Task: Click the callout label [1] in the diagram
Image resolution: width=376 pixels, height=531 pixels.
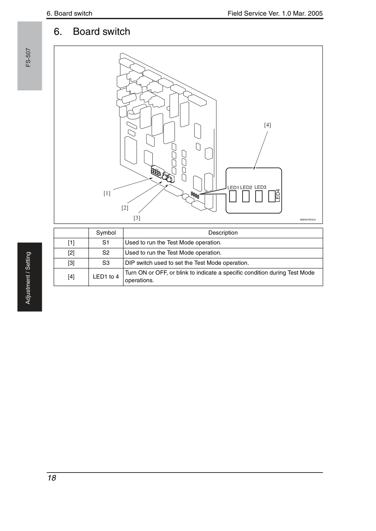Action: pos(107,193)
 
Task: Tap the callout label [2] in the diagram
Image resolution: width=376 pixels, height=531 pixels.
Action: pos(125,208)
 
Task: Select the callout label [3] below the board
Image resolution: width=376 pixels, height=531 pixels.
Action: pos(137,218)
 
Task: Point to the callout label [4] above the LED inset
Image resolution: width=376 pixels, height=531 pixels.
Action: pos(268,125)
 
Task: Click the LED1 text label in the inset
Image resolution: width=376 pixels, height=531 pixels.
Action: pos(233,187)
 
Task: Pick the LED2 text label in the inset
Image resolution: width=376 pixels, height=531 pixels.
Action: pos(246,187)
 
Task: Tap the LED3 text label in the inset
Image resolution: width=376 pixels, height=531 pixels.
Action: pos(260,187)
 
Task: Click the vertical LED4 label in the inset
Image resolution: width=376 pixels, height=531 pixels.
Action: pos(278,195)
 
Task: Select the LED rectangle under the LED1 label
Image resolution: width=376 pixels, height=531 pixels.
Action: pos(233,196)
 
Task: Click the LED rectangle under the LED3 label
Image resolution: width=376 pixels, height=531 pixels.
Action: pos(259,196)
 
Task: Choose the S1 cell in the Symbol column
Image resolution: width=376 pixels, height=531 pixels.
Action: pos(106,243)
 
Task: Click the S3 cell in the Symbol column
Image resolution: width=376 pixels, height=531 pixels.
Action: pos(106,263)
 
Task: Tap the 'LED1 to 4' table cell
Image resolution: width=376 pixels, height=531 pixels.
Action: pos(106,277)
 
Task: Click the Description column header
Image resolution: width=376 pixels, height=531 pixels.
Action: pos(223,233)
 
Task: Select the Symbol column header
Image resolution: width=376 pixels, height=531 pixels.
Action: pos(106,233)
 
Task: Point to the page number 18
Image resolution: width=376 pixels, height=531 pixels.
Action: pos(52,478)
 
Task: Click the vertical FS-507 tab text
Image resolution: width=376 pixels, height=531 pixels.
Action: pos(28,58)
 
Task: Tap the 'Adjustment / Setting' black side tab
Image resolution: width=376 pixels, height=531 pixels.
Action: pos(30,277)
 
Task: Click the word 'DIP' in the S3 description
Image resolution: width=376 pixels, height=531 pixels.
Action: pos(129,263)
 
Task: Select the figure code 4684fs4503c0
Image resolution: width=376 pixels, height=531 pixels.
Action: pos(308,220)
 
